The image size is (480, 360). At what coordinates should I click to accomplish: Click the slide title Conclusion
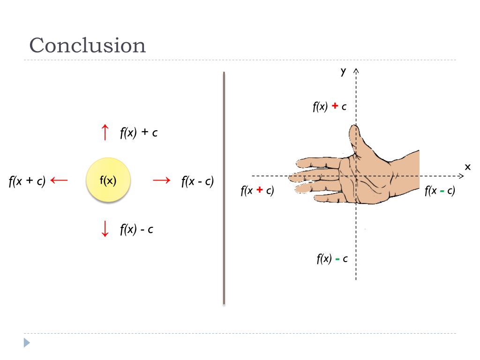(x=88, y=45)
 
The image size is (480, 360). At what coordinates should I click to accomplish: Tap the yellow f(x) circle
(x=108, y=180)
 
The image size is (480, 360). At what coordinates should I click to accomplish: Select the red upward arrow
(x=105, y=132)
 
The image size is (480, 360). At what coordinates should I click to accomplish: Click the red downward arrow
(x=105, y=229)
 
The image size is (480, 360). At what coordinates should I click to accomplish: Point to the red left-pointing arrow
(x=59, y=180)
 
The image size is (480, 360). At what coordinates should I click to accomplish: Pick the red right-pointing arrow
(x=161, y=180)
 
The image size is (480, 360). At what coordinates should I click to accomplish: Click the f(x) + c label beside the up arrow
(x=138, y=133)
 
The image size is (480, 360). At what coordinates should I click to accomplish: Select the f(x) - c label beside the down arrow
(x=136, y=229)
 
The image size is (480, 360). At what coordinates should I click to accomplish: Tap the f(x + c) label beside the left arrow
(x=27, y=181)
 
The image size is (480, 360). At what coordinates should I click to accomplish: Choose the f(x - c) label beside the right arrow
(x=197, y=181)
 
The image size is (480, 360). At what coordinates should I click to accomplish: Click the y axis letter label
(x=343, y=71)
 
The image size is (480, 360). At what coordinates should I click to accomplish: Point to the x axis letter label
(x=467, y=166)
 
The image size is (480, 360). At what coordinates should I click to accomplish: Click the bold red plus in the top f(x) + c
(x=335, y=106)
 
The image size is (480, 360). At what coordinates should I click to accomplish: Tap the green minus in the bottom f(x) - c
(x=337, y=258)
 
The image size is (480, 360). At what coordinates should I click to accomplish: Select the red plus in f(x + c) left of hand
(x=259, y=190)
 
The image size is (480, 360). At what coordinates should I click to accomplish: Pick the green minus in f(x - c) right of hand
(x=442, y=191)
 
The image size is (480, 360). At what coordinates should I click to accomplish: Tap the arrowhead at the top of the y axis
(x=356, y=71)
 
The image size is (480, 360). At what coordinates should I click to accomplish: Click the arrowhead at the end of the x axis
(x=461, y=176)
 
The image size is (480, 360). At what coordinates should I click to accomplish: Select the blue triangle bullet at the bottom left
(x=27, y=343)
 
